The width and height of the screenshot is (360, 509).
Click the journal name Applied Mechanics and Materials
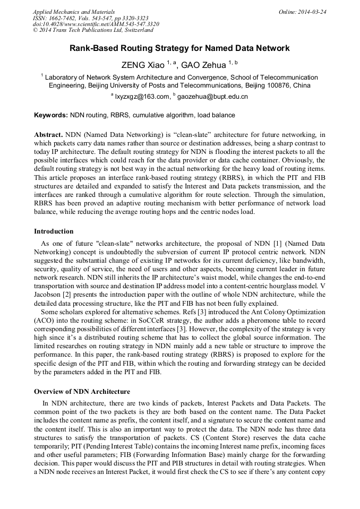tap(74, 12)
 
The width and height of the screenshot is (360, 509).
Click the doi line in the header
tap(96, 24)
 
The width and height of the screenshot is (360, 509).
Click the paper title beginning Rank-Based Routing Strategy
tap(179, 48)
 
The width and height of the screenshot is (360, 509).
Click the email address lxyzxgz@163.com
tap(141, 97)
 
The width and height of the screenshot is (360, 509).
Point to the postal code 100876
tap(280, 85)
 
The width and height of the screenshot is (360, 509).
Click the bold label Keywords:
tap(51, 115)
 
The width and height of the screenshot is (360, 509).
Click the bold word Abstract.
tap(48, 135)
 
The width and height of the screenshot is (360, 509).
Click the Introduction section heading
tap(54, 231)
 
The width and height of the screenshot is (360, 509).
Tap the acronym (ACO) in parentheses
tap(44, 322)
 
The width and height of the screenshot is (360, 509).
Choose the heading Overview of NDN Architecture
tap(82, 392)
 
